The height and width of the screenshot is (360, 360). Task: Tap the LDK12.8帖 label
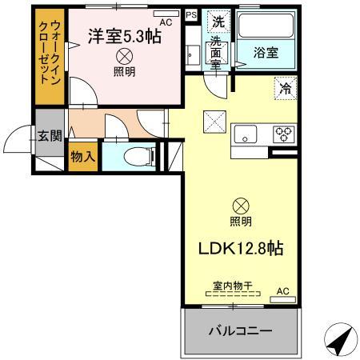click(239, 248)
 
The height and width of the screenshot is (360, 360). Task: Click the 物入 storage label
click(83, 156)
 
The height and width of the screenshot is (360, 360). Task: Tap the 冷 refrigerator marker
click(284, 88)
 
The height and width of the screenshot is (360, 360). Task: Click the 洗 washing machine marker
click(217, 22)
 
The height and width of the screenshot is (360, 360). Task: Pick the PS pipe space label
click(190, 14)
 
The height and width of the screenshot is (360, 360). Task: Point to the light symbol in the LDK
click(240, 205)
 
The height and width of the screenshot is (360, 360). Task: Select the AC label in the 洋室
click(166, 22)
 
